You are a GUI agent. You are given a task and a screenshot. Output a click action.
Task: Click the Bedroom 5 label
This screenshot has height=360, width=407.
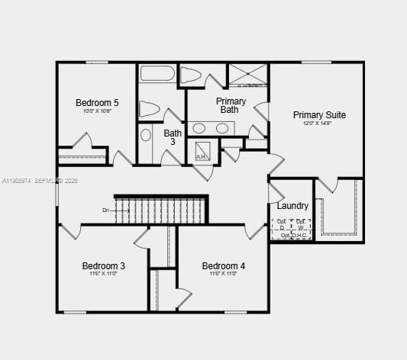click(97, 103)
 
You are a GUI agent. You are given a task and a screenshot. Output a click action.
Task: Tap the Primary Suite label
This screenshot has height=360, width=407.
click(319, 115)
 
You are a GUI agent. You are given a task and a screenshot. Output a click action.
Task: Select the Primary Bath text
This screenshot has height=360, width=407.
click(231, 105)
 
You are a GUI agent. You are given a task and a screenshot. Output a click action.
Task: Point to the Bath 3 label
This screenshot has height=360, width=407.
click(173, 137)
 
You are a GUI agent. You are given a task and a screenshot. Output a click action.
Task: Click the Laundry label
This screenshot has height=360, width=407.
click(292, 206)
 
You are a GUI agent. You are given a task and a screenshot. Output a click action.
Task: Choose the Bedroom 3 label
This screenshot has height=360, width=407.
click(104, 266)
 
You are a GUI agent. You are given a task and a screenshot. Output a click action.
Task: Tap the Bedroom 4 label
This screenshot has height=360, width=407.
click(224, 266)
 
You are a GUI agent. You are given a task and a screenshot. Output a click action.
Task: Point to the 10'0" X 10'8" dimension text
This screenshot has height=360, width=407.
click(97, 111)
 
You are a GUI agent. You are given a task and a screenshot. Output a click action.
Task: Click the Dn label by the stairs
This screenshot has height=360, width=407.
click(106, 210)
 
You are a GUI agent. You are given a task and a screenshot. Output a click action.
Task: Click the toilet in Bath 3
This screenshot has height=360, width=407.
click(150, 109)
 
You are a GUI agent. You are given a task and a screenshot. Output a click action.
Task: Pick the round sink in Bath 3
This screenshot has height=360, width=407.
click(146, 136)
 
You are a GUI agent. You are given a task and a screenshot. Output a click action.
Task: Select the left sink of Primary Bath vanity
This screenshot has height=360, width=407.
click(199, 128)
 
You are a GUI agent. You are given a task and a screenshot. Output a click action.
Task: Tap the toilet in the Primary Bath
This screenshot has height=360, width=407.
click(191, 75)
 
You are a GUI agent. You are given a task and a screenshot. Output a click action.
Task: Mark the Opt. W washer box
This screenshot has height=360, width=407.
click(301, 224)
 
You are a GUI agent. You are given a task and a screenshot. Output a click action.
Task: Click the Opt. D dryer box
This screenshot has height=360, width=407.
click(281, 224)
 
